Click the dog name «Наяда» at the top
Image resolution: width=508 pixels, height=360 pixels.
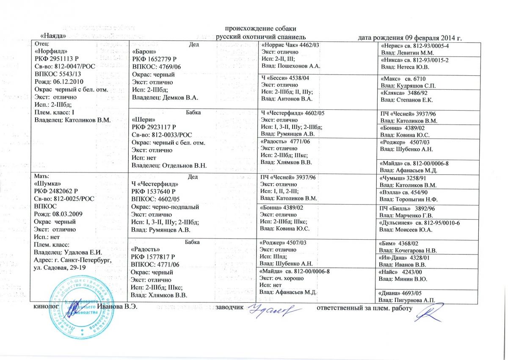52,37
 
